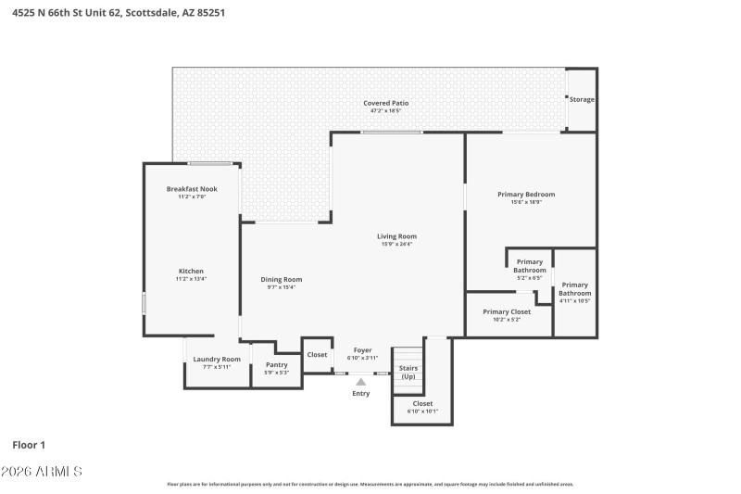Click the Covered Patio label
point(385,103)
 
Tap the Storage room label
point(582,99)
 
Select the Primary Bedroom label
point(526,195)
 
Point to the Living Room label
point(396,236)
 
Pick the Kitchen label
point(191,272)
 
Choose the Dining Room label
point(282,280)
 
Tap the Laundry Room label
point(217,360)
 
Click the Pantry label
point(277,365)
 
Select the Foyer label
point(362,350)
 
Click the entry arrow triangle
point(361,381)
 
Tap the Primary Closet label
point(508,312)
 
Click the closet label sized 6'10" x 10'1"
point(422,404)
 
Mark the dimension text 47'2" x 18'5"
point(385,111)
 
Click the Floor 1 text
point(29,445)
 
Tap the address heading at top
point(119,13)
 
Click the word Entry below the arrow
point(361,394)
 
